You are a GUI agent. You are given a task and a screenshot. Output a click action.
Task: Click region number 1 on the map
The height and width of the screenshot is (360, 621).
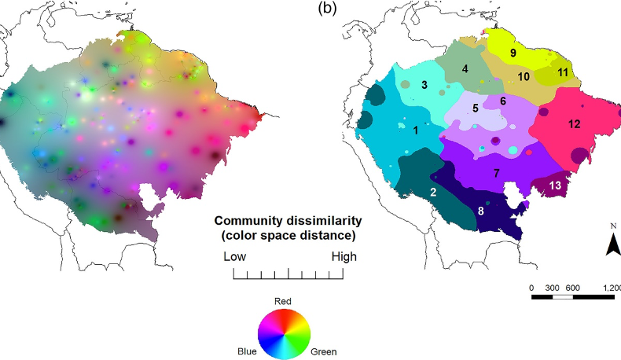click(x=415, y=130)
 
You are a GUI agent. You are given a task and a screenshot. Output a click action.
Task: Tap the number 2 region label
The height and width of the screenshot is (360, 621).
click(x=433, y=193)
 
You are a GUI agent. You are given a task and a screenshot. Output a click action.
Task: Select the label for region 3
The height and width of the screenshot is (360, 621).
click(x=424, y=84)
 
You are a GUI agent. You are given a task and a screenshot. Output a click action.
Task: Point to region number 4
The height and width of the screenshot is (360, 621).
click(x=465, y=68)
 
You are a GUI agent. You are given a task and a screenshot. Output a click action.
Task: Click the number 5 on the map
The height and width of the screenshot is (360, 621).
click(x=475, y=107)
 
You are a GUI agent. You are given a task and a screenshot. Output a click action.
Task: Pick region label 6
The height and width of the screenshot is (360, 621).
click(x=503, y=101)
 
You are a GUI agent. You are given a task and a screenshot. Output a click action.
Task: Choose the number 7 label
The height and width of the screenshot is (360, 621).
click(x=496, y=172)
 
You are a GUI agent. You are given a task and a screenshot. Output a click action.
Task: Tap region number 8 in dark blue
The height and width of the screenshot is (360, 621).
click(x=480, y=211)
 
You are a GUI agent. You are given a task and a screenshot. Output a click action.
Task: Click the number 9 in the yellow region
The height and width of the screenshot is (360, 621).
click(x=513, y=53)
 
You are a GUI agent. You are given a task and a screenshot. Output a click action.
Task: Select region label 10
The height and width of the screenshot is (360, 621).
click(x=524, y=76)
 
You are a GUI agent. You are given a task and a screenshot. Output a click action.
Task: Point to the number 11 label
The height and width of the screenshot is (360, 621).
click(x=563, y=72)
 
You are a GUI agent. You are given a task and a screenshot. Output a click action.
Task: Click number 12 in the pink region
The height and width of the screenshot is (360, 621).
click(x=574, y=123)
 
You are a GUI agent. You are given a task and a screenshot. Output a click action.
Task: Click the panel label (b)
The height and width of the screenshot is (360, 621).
click(x=329, y=9)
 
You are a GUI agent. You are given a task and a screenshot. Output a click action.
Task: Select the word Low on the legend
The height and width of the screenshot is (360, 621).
click(x=235, y=256)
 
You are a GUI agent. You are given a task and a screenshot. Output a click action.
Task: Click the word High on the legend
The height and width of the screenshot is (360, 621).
click(x=343, y=256)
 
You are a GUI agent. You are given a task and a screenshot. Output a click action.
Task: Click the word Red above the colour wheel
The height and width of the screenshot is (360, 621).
click(x=284, y=301)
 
